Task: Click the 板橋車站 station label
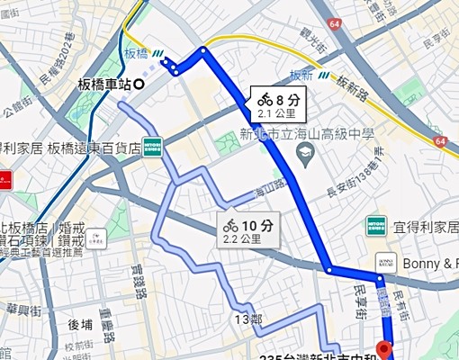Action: [104, 85]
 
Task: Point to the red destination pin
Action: [385, 349]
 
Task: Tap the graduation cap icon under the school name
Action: [302, 155]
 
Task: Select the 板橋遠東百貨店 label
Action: [94, 148]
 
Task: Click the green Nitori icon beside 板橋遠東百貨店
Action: [152, 146]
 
